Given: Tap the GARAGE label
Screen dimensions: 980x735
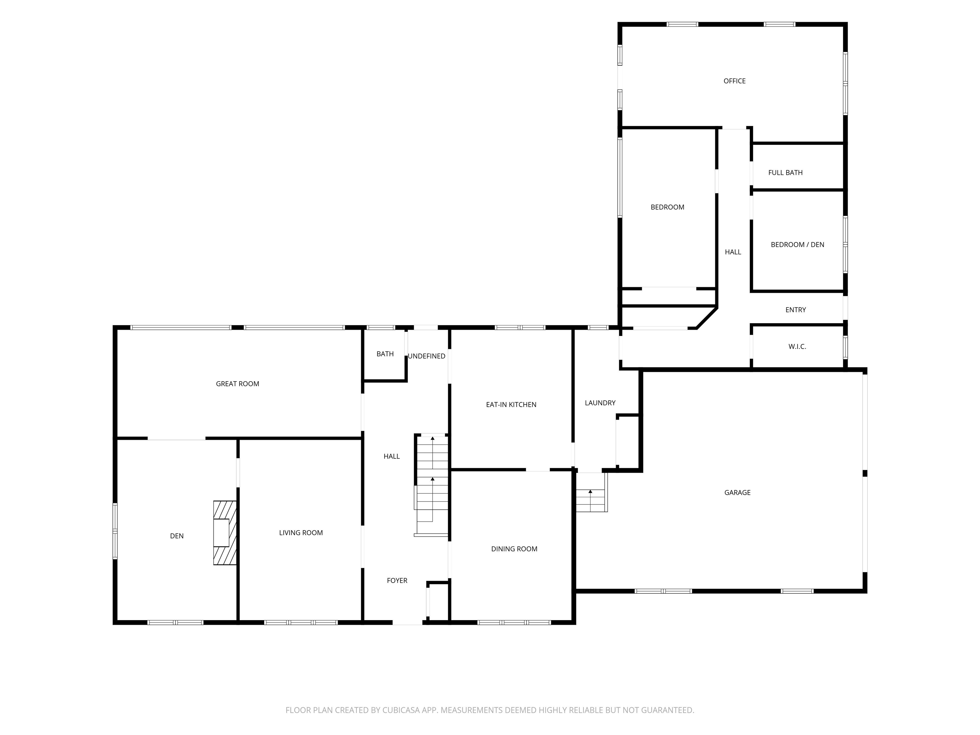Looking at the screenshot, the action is tap(737, 492).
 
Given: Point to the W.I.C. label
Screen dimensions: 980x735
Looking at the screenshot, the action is tap(797, 346).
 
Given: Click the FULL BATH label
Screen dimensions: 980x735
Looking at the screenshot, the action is tap(785, 173).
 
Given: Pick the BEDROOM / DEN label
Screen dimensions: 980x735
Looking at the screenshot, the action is tap(797, 245).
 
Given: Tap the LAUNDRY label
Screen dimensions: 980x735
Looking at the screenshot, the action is tap(600, 403).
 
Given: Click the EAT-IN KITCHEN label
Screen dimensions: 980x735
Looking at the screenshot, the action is tap(511, 405).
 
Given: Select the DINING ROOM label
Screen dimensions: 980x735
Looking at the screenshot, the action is tap(514, 549).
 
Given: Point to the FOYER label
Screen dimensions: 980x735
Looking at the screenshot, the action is tap(397, 580).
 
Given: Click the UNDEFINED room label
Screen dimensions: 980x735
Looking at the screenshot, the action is tap(426, 356).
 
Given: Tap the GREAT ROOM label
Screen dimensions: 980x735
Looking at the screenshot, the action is tap(237, 384).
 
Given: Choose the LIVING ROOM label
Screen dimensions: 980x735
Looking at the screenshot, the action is tap(301, 533).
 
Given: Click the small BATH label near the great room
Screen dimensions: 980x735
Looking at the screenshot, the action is tap(385, 354).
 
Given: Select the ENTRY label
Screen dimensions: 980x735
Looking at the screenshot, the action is tap(795, 310).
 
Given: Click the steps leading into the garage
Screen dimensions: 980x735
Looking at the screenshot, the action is tap(591, 492).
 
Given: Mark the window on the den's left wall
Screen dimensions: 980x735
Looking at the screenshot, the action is tap(115, 531).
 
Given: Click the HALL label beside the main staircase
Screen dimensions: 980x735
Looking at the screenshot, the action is tap(392, 456).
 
